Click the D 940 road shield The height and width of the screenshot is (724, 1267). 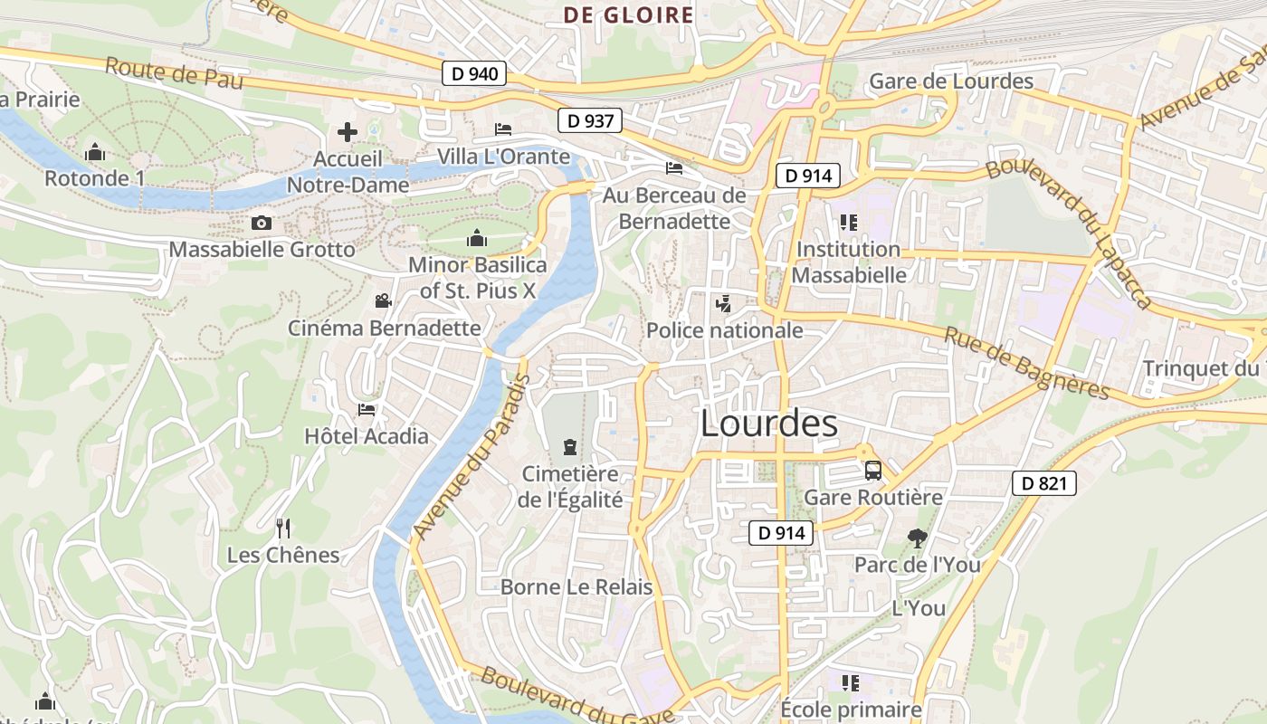(473, 73)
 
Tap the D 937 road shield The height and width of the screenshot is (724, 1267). (590, 120)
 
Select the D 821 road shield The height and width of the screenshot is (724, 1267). (1043, 483)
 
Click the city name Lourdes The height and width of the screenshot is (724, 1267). (769, 424)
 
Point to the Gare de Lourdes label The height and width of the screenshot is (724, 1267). (950, 81)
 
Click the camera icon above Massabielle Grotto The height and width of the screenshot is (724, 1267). (262, 223)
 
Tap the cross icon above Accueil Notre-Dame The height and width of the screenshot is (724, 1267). (347, 133)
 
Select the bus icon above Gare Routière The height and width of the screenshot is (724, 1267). (873, 471)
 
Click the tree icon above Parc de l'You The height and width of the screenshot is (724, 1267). (917, 538)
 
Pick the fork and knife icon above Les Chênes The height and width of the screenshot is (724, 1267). (283, 528)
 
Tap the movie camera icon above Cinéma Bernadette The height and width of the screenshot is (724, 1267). (383, 300)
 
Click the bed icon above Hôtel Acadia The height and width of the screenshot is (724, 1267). (366, 409)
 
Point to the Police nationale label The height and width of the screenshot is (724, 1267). (724, 330)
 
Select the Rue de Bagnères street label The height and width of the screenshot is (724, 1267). (1026, 363)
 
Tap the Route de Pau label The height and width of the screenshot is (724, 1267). (174, 72)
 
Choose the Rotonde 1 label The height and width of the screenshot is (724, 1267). (94, 178)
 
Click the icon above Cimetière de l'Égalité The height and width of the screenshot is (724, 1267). (570, 446)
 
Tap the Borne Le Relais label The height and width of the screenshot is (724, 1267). (576, 587)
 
